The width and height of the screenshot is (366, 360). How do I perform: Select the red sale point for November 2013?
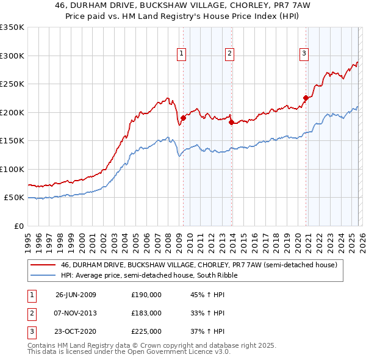click(231, 122)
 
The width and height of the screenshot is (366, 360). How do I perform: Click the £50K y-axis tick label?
click(14, 198)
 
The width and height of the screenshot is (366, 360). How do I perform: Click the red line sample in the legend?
click(43, 265)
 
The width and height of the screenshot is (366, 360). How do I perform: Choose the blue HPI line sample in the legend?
click(43, 275)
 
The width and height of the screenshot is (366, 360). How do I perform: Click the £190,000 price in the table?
click(146, 295)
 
